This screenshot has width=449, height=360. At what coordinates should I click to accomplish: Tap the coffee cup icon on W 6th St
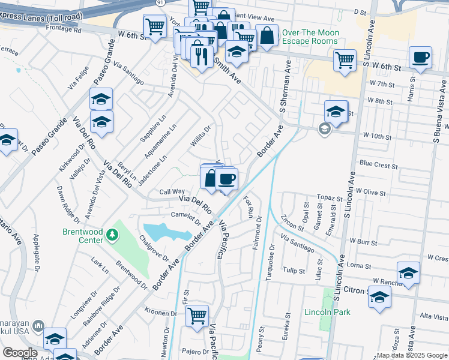[x=420, y=58]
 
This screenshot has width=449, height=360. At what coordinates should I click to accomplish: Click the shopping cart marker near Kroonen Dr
[x=197, y=315]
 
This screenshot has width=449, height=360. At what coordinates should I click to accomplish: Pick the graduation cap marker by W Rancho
[x=408, y=273]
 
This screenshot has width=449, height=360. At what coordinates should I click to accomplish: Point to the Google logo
[x=20, y=353]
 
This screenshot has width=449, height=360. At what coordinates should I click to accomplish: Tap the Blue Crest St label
[x=378, y=164]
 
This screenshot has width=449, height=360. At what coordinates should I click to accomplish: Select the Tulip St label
[x=294, y=271]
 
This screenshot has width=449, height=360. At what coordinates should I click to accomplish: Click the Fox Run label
[x=249, y=206]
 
